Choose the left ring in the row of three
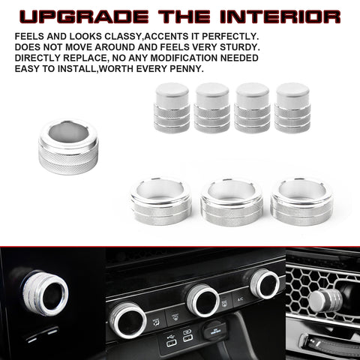160,200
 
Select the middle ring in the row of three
232,200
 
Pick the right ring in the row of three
301,200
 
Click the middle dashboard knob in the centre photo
202,299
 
